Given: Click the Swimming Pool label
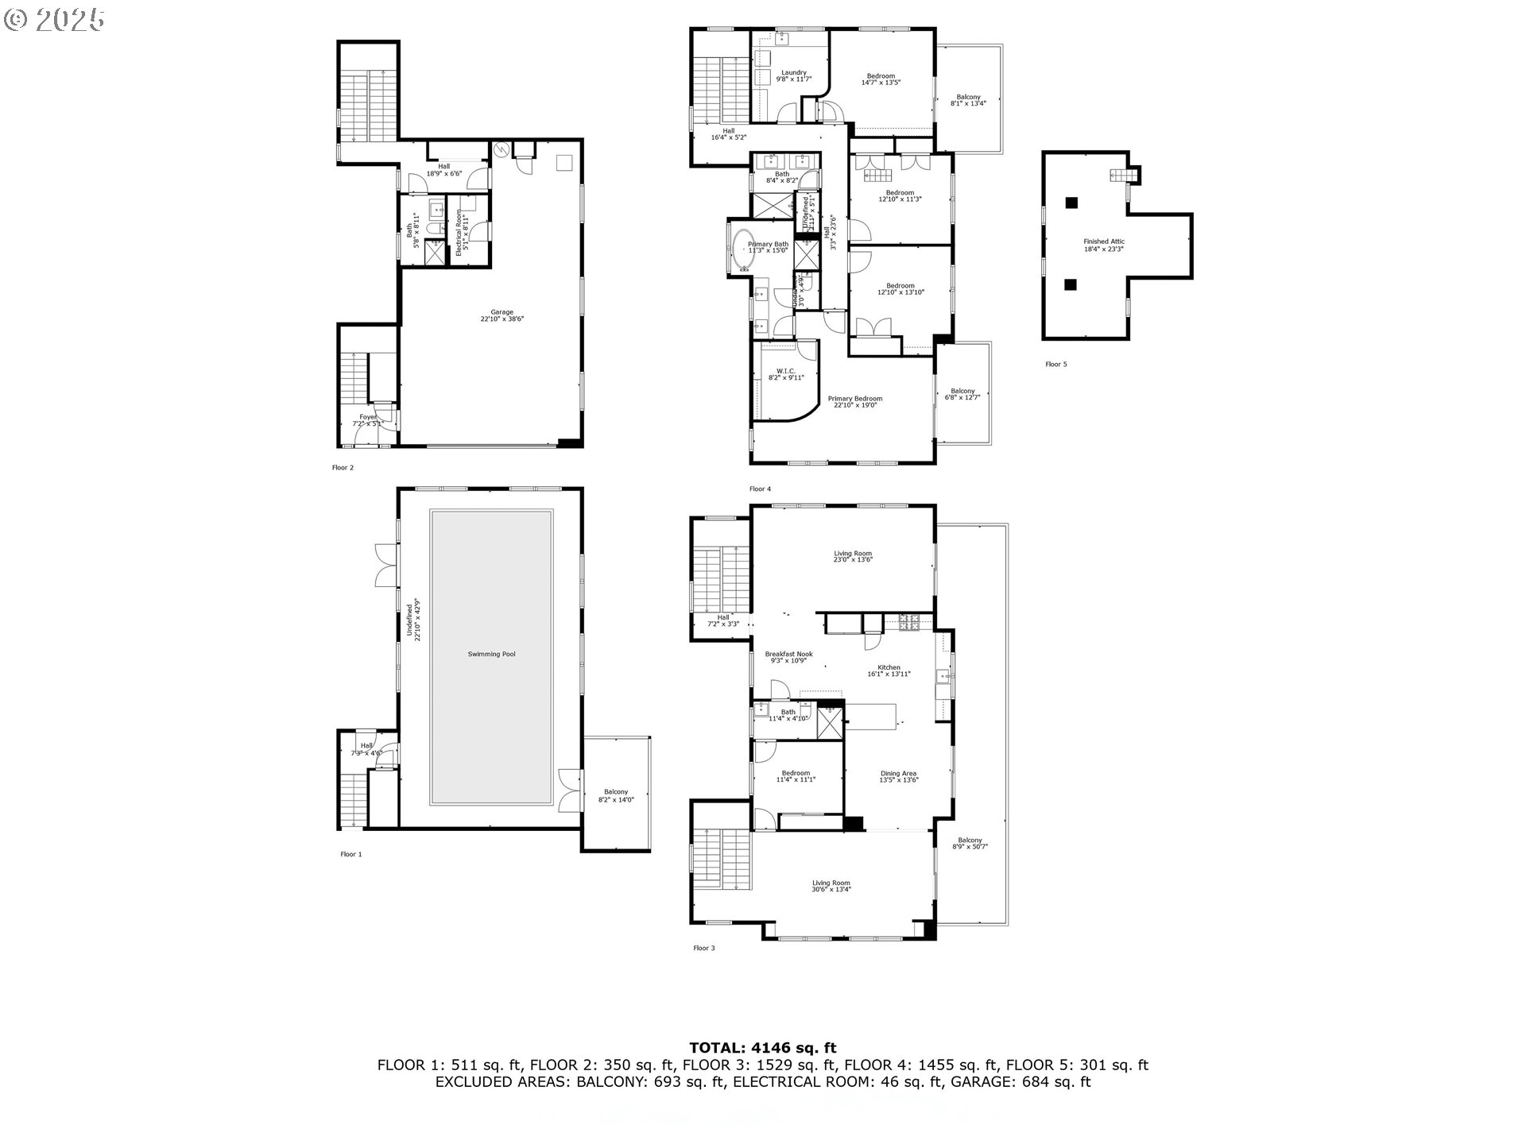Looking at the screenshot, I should pos(491,654).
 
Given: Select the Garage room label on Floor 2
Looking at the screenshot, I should pos(502,315).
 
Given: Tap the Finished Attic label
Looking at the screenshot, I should pos(1104,245).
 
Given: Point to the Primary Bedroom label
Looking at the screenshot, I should pos(854,402).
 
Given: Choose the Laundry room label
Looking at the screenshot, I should pos(793,75).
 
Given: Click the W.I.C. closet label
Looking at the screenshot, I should pos(785,374).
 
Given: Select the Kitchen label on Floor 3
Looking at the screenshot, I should pos(889,671).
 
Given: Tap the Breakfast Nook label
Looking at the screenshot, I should pos(788,657).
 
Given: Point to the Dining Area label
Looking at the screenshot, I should pos(898,776).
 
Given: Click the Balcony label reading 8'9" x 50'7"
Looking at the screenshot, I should pos(970,843).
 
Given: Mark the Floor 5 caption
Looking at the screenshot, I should pos(1055,364).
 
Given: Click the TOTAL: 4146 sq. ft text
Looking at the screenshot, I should pos(762,1048).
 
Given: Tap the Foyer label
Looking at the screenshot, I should pos(367,419).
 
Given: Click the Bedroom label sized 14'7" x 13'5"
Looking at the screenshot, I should pos(881,79).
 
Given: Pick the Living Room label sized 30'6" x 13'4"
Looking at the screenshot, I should pos(831,886).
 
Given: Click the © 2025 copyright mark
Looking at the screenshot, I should pos(54,20).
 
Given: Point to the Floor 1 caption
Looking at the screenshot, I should pos(351,854).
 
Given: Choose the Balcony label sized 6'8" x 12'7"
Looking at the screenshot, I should pos(962,393).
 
